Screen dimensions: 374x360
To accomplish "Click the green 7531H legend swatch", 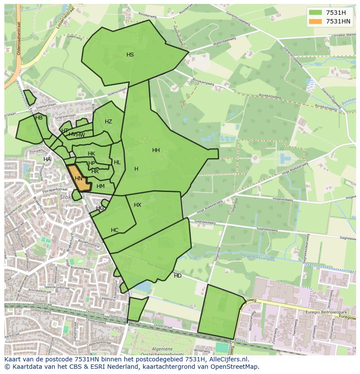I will [316, 13].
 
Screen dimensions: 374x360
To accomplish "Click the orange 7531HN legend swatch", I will [316, 21].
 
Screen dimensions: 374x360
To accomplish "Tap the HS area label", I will [130, 55].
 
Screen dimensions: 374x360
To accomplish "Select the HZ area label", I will [108, 122].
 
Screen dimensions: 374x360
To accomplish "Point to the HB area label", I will [39, 118].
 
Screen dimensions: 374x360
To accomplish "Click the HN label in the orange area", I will [79, 179].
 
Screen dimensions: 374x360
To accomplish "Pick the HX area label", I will [137, 205].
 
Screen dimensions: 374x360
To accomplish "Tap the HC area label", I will [114, 230].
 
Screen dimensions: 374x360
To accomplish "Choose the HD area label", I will [178, 276].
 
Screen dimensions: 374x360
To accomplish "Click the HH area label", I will [156, 150].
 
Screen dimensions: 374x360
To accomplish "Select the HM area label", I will [100, 186].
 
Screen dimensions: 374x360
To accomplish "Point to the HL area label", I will [117, 162].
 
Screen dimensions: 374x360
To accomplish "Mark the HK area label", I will [91, 154].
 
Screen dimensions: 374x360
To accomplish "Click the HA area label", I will [47, 159].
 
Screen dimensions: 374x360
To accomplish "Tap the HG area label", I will [100, 209].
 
